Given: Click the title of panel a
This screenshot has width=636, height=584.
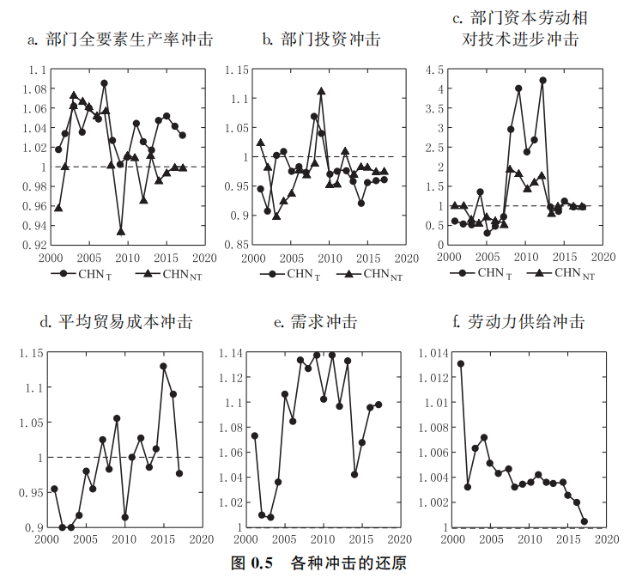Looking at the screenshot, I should (119, 40).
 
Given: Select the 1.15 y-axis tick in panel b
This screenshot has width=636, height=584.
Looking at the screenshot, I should (235, 70).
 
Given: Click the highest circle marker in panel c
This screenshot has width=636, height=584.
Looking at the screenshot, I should (542, 81).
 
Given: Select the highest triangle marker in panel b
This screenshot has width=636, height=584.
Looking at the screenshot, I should (321, 91).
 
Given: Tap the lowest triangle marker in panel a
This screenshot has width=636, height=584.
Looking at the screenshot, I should (121, 231).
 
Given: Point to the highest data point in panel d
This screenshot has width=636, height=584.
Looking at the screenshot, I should (163, 367).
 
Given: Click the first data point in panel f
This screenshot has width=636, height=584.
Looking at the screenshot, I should (461, 364).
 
